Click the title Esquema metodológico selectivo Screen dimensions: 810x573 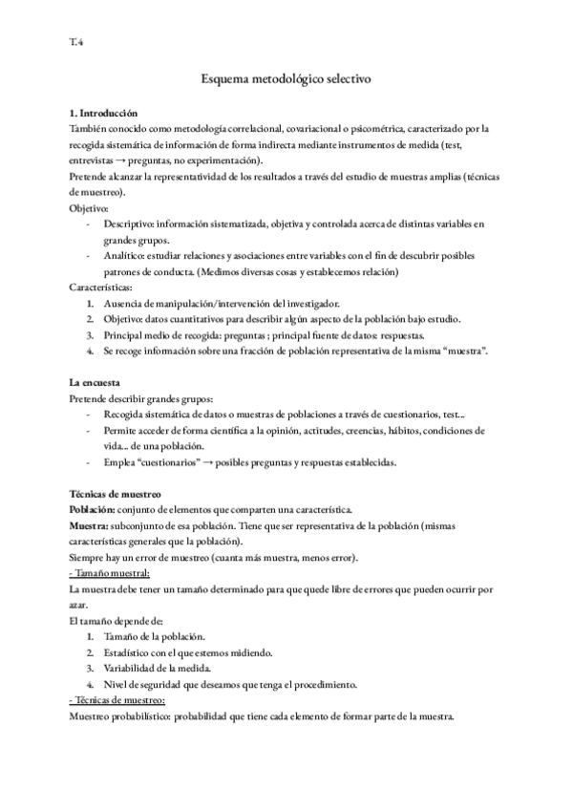286,83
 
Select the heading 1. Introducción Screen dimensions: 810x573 104,114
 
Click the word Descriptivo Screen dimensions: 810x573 128,224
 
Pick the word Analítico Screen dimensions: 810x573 124,256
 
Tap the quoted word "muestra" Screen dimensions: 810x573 460,352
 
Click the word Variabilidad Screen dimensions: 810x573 131,669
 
